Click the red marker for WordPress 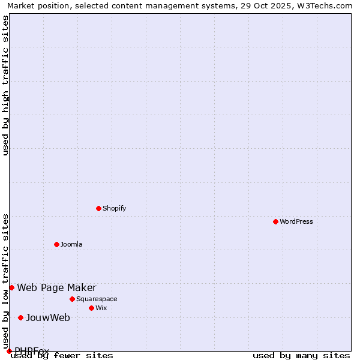pyautogui.click(x=275, y=221)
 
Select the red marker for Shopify pyautogui.click(x=98, y=208)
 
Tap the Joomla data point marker pyautogui.click(x=56, y=244)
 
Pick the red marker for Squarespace pyautogui.click(x=72, y=299)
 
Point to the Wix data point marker pyautogui.click(x=91, y=308)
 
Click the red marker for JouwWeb pyautogui.click(x=20, y=317)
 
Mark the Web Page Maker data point pyautogui.click(x=11, y=287)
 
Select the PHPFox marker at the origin pyautogui.click(x=9, y=351)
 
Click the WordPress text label pyautogui.click(x=296, y=221)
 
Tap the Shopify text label pyautogui.click(x=114, y=208)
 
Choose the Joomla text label pyautogui.click(x=71, y=244)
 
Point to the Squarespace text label pyautogui.click(x=97, y=299)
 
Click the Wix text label pyautogui.click(x=101, y=308)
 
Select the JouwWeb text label pyautogui.click(x=48, y=317)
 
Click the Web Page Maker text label pyautogui.click(x=56, y=287)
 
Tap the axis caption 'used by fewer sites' pyautogui.click(x=62, y=356)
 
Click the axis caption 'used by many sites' pyautogui.click(x=301, y=356)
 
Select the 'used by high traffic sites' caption pyautogui.click(x=5, y=85)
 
